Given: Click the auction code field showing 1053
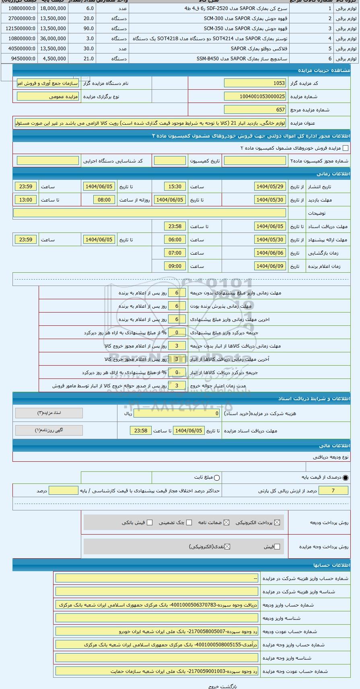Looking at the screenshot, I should (255, 83).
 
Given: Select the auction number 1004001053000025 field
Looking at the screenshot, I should (255, 97).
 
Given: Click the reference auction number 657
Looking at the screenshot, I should (255, 110).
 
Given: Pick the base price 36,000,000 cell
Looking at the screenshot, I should (53, 39).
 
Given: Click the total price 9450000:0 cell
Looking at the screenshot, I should (20, 59).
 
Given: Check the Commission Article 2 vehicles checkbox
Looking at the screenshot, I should (345, 148).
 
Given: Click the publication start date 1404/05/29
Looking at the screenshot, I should (270, 187).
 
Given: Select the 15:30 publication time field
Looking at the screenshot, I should (175, 187).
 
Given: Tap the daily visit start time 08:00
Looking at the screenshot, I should (104, 200).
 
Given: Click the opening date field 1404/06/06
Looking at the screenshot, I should (270, 253).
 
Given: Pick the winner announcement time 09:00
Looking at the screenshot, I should (175, 266).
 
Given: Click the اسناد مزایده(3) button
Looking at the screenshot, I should (49, 413).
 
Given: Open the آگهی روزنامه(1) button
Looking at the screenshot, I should (49, 430).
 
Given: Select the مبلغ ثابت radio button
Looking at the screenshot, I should (217, 478).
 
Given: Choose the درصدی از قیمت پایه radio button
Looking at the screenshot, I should (346, 478).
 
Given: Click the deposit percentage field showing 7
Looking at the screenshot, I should (333, 491).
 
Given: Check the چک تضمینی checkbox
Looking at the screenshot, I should (189, 522).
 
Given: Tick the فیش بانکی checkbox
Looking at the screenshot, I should (150, 522).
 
